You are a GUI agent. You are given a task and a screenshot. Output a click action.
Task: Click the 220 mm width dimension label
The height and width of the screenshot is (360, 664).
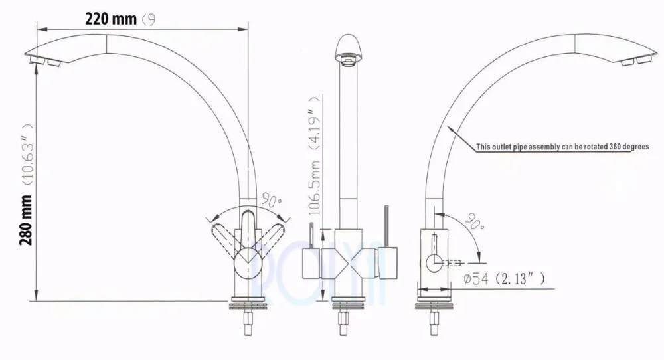pyautogui.click(x=110, y=19)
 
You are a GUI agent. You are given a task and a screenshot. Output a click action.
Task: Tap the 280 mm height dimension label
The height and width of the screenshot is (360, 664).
pyautogui.click(x=27, y=220)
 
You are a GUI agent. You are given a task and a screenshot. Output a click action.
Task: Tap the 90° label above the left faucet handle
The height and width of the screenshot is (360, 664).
pyautogui.click(x=270, y=198)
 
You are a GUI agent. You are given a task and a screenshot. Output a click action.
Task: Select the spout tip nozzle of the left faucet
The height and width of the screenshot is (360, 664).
pyautogui.click(x=46, y=62)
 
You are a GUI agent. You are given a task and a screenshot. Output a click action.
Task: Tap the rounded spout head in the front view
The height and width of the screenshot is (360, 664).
pyautogui.click(x=350, y=48)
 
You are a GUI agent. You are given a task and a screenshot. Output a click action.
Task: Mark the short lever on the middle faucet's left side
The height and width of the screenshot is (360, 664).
pyautogui.click(x=310, y=237)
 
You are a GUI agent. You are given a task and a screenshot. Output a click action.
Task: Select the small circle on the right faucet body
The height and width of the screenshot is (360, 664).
pyautogui.click(x=434, y=261)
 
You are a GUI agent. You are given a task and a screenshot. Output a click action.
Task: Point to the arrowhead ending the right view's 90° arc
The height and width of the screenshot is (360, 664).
pyautogui.click(x=479, y=261)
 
